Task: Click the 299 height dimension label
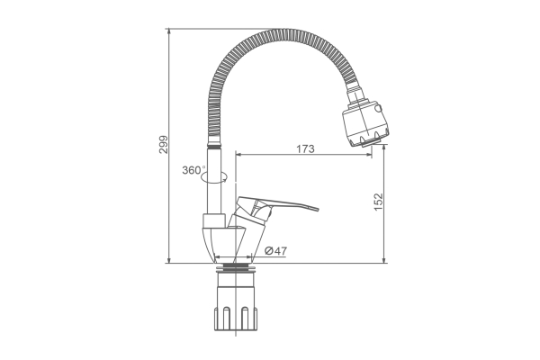tap(164, 145)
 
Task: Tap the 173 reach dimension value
tap(305, 148)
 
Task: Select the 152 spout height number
tap(378, 202)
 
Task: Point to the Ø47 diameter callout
tap(275, 251)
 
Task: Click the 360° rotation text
tap(193, 170)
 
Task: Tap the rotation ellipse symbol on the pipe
tap(214, 177)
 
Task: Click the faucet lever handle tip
tap(316, 209)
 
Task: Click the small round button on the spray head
tap(379, 109)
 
